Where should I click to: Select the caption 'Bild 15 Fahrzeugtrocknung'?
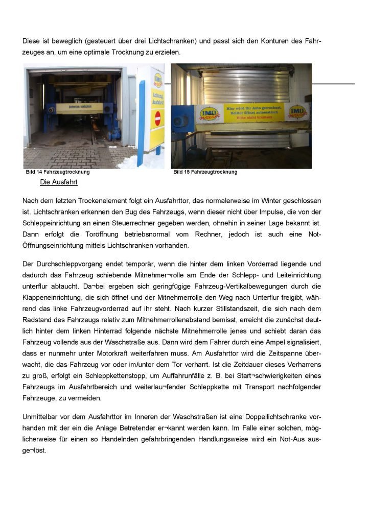click(x=205, y=172)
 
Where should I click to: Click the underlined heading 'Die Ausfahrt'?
click(x=59, y=182)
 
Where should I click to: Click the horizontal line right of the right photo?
click(x=333, y=83)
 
